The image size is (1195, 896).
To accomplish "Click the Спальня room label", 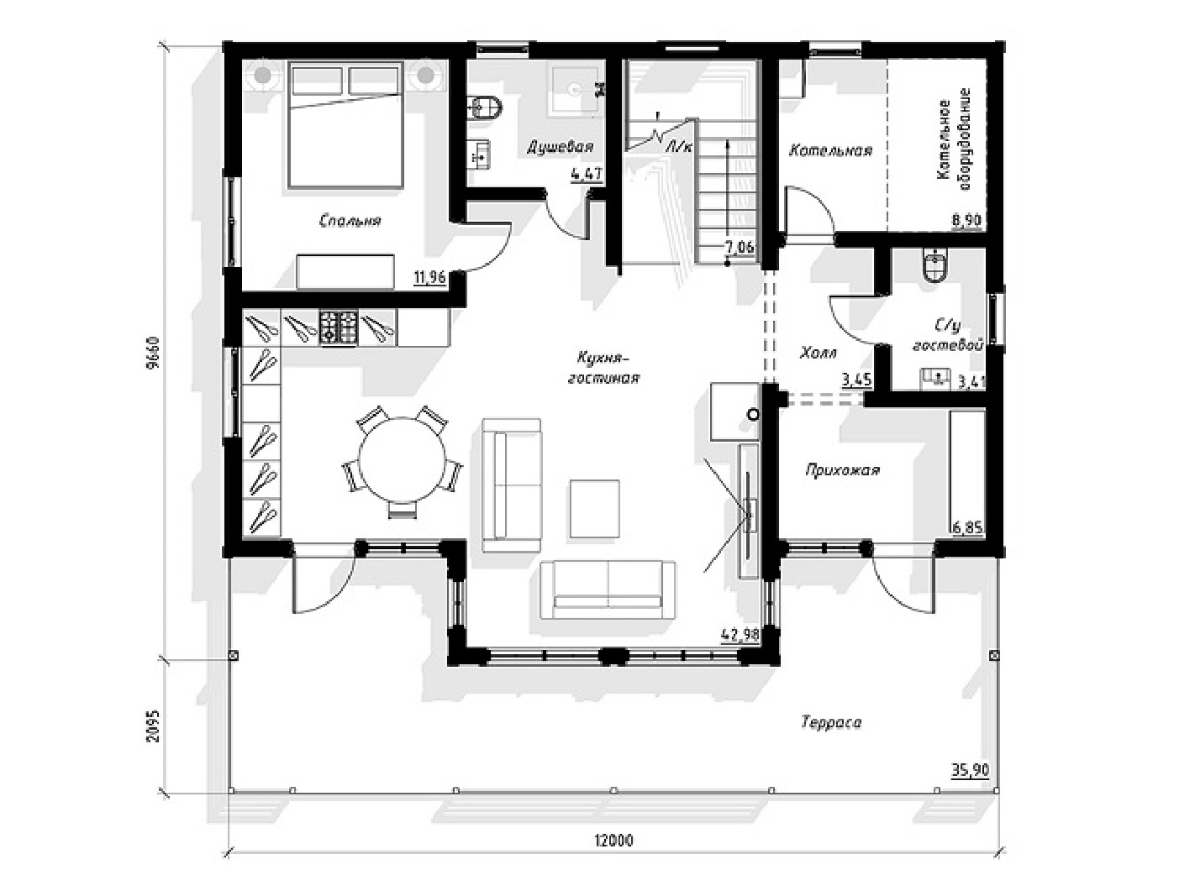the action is pyautogui.click(x=350, y=222).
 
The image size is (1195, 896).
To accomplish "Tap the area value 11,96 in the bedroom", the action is pyautogui.click(x=430, y=278).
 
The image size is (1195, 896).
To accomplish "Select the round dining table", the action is pyautogui.click(x=401, y=461).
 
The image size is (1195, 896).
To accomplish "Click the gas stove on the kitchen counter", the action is pyautogui.click(x=338, y=327).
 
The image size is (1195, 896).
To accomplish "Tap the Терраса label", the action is pyautogui.click(x=831, y=723).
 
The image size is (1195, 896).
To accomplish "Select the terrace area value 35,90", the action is pyautogui.click(x=970, y=770).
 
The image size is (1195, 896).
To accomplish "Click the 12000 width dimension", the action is pyautogui.click(x=613, y=841).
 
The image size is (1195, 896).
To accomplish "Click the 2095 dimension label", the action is pyautogui.click(x=153, y=726).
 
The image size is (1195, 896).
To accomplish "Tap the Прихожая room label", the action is pyautogui.click(x=842, y=470).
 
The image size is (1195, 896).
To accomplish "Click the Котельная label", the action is pyautogui.click(x=831, y=150).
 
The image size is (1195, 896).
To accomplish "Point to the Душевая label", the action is pyautogui.click(x=560, y=147).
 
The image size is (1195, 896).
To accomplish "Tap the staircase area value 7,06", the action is pyautogui.click(x=740, y=248).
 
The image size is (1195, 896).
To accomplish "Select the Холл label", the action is pyautogui.click(x=819, y=354).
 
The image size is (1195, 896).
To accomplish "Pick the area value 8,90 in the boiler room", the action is pyautogui.click(x=967, y=221).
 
